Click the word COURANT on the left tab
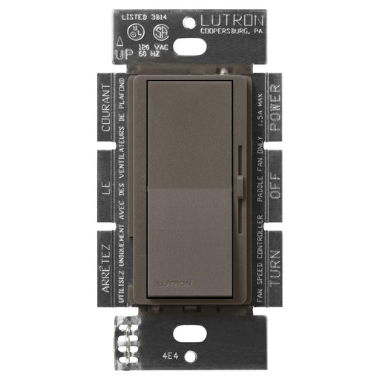pos(107,109)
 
